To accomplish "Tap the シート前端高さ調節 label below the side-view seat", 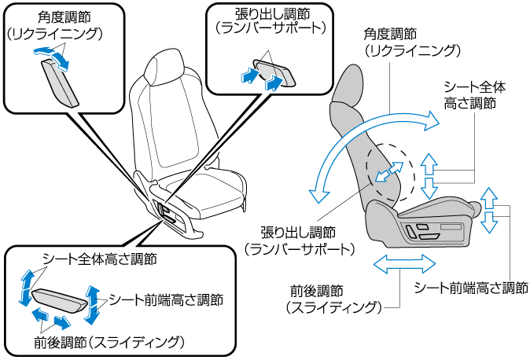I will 470,288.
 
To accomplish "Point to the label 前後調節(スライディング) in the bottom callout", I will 109,342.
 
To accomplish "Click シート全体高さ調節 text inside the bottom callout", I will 98,259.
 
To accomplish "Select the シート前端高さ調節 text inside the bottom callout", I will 166,300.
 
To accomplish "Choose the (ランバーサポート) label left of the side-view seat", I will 300,248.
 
